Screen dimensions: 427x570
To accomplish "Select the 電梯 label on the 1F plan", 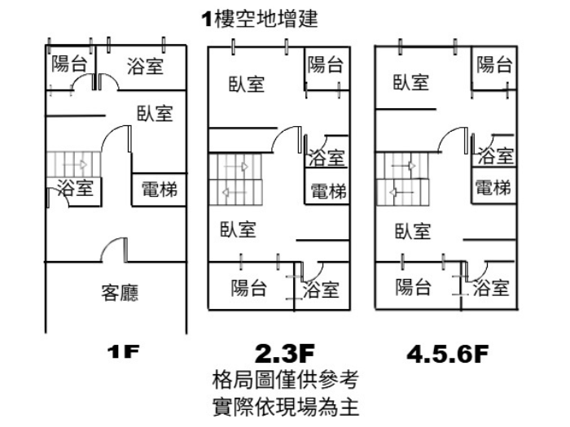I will (x=159, y=190).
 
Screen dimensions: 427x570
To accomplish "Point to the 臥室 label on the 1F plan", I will (x=155, y=113).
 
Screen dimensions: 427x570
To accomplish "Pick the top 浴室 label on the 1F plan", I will (x=145, y=65).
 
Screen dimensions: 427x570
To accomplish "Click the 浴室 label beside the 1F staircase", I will (x=76, y=190).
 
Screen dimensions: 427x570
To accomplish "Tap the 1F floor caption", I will (x=124, y=353).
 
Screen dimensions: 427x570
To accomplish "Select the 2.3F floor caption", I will (x=283, y=353).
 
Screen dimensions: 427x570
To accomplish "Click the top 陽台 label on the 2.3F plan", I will (x=325, y=65).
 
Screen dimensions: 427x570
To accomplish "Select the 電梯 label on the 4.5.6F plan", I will (x=493, y=188).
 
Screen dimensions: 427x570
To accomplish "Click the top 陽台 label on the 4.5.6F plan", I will (x=494, y=63).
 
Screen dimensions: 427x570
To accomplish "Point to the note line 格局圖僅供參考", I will (x=283, y=379).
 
